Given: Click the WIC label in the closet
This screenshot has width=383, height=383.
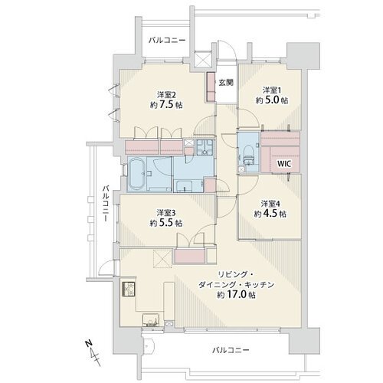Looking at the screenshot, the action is pyautogui.click(x=284, y=164).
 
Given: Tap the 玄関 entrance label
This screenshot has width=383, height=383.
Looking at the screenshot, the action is pyautogui.click(x=226, y=83).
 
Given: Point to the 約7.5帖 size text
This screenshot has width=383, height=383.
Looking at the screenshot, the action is pyautogui.click(x=166, y=105).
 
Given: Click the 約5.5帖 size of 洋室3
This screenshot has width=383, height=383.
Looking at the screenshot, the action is pyautogui.click(x=166, y=223).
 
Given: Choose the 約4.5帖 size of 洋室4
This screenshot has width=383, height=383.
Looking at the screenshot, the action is pyautogui.click(x=270, y=214).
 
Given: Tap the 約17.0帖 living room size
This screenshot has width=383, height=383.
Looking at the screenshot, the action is pyautogui.click(x=236, y=295).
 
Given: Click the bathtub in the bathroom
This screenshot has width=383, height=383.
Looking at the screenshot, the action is pyautogui.click(x=136, y=174).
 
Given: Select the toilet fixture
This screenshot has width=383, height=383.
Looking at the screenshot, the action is pyautogui.click(x=248, y=155).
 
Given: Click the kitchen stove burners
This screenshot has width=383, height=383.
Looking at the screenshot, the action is pyautogui.click(x=129, y=289).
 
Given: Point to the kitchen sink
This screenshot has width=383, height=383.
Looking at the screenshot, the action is pyautogui.click(x=151, y=319).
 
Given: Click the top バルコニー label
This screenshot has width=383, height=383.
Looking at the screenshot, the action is pyautogui.click(x=167, y=40).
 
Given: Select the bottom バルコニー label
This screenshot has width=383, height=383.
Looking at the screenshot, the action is pyautogui.click(x=231, y=349).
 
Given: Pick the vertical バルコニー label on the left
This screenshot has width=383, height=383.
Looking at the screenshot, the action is pyautogui.click(x=106, y=204).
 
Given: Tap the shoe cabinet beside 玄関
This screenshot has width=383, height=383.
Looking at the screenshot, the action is pyautogui.click(x=211, y=87).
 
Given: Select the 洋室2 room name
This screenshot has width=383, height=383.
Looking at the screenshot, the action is pyautogui.click(x=166, y=95).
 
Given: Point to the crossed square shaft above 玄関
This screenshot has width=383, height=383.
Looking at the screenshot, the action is pyautogui.click(x=203, y=59).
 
